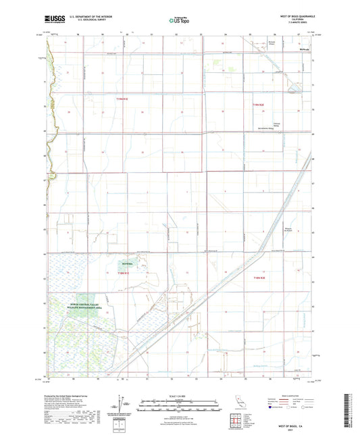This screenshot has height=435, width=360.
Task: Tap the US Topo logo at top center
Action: tap(180, 21)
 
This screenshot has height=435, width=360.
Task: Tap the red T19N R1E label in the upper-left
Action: tap(124, 99)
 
